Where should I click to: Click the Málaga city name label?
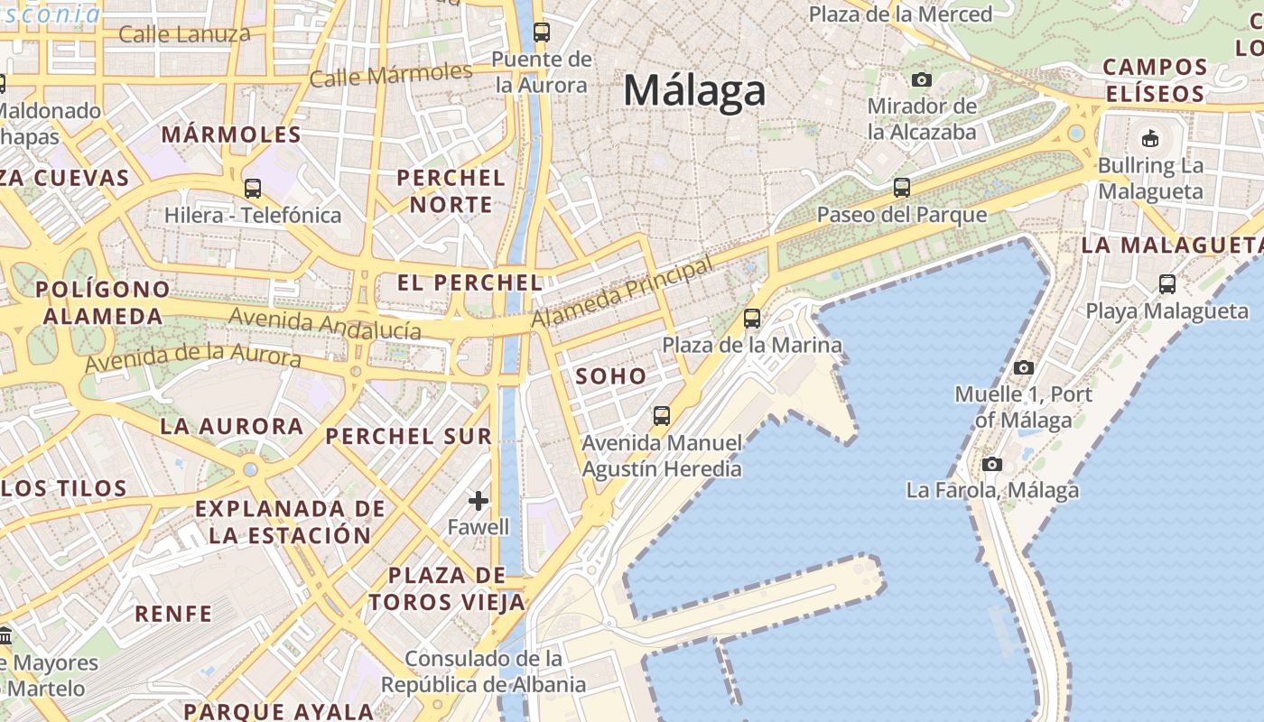pyautogui.click(x=694, y=90)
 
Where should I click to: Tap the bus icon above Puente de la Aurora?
pyautogui.click(x=542, y=32)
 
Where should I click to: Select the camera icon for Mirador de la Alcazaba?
pyautogui.click(x=922, y=79)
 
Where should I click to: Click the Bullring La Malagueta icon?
pyautogui.click(x=1150, y=139)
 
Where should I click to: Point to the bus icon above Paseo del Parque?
pyautogui.click(x=901, y=188)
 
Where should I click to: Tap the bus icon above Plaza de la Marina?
pyautogui.click(x=752, y=318)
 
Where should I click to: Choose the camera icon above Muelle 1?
pyautogui.click(x=1023, y=367)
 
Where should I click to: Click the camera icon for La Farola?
pyautogui.click(x=992, y=464)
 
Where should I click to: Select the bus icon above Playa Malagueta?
pyautogui.click(x=1166, y=284)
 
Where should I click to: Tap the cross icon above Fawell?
pyautogui.click(x=479, y=500)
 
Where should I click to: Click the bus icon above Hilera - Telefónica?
pyautogui.click(x=253, y=189)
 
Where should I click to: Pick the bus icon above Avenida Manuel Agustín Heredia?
pyautogui.click(x=662, y=416)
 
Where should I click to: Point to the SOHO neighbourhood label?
pyautogui.click(x=611, y=376)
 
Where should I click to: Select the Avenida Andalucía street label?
pyautogui.click(x=325, y=323)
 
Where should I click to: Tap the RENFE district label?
pyautogui.click(x=173, y=614)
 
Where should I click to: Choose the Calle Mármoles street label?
pyautogui.click(x=391, y=75)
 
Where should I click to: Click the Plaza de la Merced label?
pyautogui.click(x=900, y=14)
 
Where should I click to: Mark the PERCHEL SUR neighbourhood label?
pyautogui.click(x=409, y=436)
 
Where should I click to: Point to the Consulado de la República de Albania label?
pyautogui.click(x=483, y=671)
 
